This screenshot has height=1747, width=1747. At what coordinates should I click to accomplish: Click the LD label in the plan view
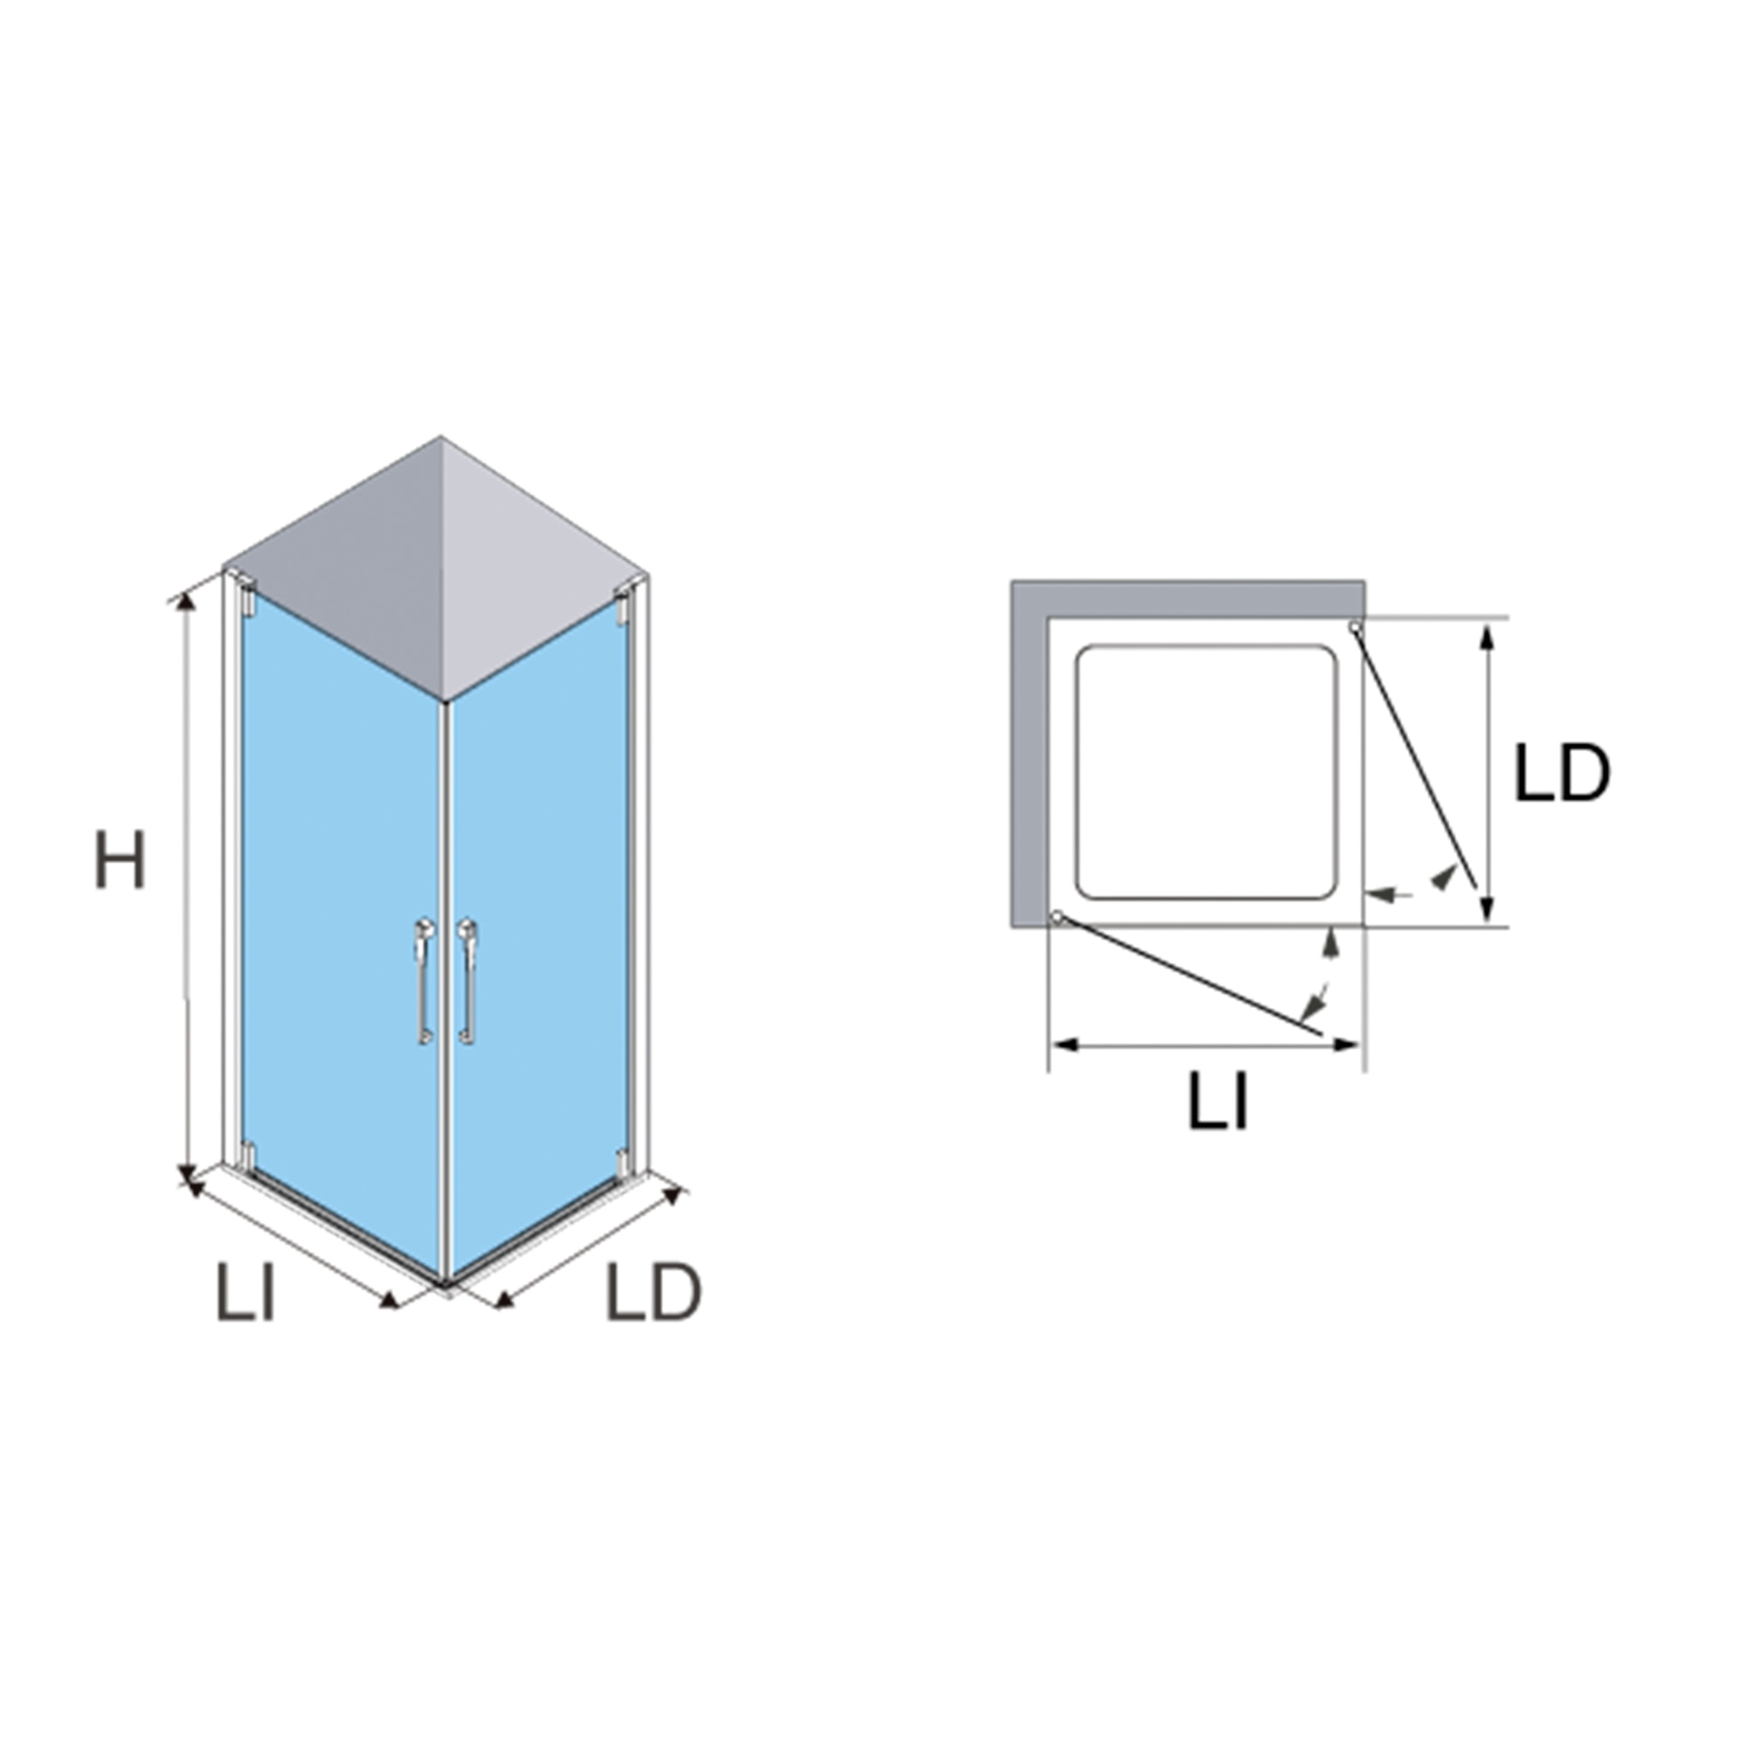pos(1562,772)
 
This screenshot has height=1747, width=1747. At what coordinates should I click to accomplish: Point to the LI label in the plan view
pos(1218,1101)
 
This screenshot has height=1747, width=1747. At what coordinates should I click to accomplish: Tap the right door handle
pos(467,982)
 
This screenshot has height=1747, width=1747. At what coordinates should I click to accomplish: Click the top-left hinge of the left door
pos(247,604)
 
